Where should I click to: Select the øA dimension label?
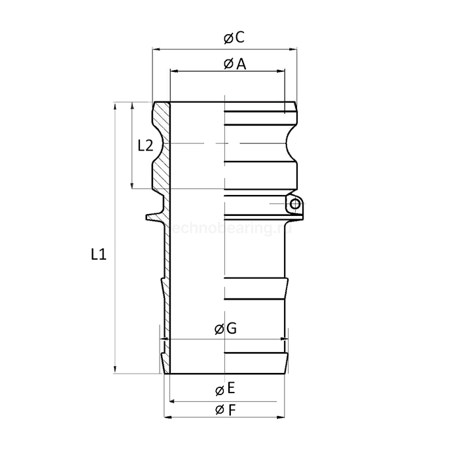pos(234,63)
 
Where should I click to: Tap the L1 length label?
pos(98,255)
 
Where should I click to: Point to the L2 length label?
pos(146,146)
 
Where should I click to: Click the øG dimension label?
pos(225,329)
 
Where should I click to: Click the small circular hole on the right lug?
pos(295,205)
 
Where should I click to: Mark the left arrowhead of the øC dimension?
pos(156,48)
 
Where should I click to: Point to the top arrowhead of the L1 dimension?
pos(115,105)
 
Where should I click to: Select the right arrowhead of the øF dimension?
pos(287,417)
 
